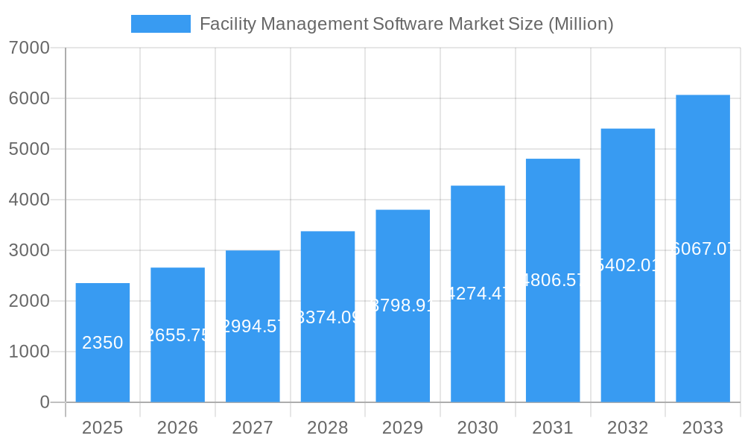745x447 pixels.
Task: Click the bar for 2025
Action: coord(103,343)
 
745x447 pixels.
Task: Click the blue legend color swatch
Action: coord(160,24)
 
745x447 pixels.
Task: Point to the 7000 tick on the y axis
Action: coord(29,48)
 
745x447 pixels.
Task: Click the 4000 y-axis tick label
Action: coord(29,200)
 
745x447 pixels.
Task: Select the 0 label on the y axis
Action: coord(44,402)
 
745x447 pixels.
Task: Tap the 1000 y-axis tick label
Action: coord(29,352)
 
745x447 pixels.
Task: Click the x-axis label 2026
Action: coord(177,428)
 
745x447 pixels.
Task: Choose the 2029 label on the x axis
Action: coord(402,428)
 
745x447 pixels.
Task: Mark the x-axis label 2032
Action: coord(627,428)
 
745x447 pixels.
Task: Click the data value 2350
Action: coord(103,343)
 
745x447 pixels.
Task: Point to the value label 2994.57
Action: coord(253,326)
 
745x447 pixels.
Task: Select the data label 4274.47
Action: coord(478,294)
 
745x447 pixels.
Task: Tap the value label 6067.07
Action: coord(703,249)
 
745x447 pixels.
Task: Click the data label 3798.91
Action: coord(402,305)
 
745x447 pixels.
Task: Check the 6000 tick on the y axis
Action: coord(29,98)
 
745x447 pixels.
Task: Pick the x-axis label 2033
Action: coord(703,428)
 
